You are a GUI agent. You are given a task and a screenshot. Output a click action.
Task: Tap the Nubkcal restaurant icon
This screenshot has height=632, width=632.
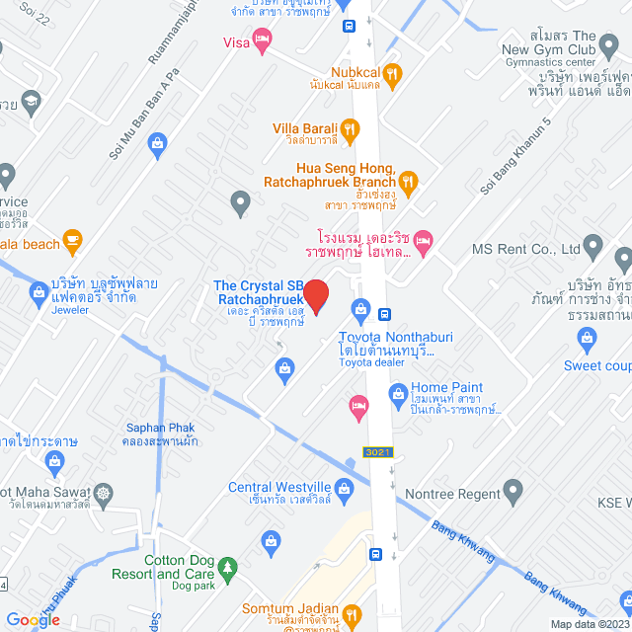pos(392,72)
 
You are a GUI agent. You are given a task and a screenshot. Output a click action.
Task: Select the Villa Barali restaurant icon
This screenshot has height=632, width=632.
pos(349,128)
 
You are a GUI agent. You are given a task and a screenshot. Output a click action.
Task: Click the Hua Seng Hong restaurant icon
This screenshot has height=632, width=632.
pos(408,180)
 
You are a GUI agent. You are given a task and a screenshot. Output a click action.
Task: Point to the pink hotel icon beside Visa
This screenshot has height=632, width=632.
pos(262,40)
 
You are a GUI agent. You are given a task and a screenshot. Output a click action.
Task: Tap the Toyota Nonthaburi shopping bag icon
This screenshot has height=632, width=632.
pos(361,313)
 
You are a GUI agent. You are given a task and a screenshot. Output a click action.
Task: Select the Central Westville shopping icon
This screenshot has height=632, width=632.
pos(344,487)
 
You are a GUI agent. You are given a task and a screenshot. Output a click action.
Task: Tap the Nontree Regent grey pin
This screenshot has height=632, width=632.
pos(513,488)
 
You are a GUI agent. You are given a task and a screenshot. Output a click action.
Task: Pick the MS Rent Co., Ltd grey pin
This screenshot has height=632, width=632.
pos(593,244)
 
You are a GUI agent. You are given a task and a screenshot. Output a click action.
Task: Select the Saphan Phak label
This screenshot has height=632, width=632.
pos(160,428)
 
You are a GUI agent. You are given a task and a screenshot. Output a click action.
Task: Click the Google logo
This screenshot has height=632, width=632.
pos(33,619)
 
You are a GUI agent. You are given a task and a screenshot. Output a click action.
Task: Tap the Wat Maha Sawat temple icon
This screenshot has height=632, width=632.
pos(104,492)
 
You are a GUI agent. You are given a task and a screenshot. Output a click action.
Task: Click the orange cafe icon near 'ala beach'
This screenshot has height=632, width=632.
pos(71,240)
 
